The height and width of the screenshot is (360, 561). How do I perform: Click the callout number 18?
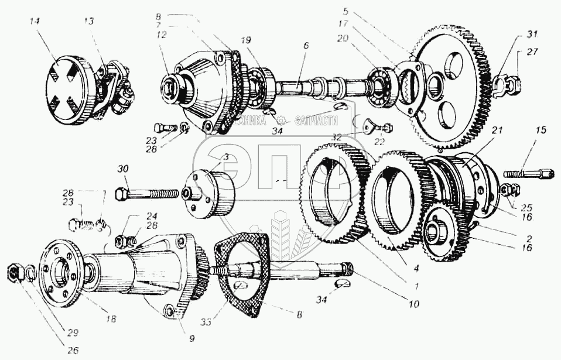click(110, 320)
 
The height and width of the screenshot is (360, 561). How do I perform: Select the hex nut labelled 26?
click(14, 271)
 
